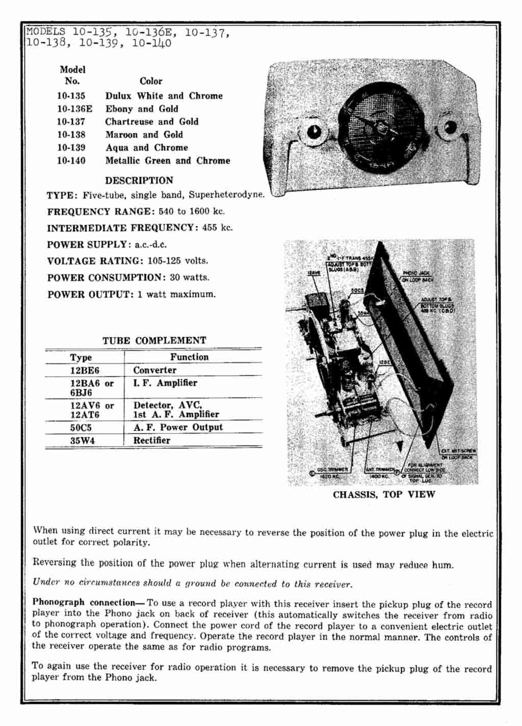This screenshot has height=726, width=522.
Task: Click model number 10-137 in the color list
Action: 71,122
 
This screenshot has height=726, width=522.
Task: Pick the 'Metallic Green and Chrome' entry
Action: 168,160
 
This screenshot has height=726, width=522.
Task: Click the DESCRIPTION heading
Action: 139,180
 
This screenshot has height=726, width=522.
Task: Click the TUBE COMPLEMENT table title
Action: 154,340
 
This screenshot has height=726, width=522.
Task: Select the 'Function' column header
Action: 189,357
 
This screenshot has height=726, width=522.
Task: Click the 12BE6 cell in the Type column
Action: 84,370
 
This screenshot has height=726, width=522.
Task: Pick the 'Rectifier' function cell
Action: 152,440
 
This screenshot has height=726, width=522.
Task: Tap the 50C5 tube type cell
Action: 81,427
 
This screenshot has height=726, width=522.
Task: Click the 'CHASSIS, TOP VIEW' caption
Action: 384,495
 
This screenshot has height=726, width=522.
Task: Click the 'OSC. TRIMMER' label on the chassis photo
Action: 332,470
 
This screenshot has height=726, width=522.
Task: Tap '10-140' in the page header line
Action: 151,43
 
